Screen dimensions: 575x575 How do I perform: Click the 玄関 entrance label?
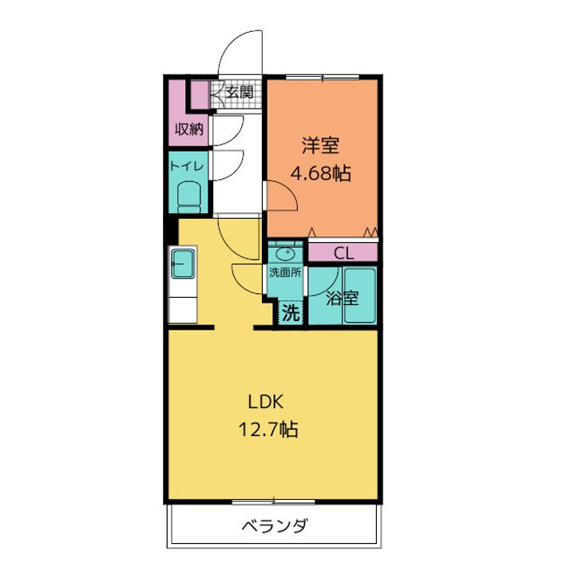[239, 93]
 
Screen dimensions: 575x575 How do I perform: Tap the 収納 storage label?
[189, 129]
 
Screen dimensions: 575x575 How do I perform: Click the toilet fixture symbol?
[188, 194]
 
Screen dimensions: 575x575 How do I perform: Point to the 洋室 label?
[321, 145]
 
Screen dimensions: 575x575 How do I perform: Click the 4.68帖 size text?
[321, 172]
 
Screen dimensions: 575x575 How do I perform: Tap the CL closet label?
[343, 253]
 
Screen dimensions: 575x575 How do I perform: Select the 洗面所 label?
[284, 272]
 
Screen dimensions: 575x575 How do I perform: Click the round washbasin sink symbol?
[284, 253]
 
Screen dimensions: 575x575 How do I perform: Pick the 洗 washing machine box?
[290, 313]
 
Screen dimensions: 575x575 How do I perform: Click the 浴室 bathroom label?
[343, 299]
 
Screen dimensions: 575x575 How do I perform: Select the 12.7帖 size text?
[267, 430]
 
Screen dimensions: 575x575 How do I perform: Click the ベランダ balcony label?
[274, 526]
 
